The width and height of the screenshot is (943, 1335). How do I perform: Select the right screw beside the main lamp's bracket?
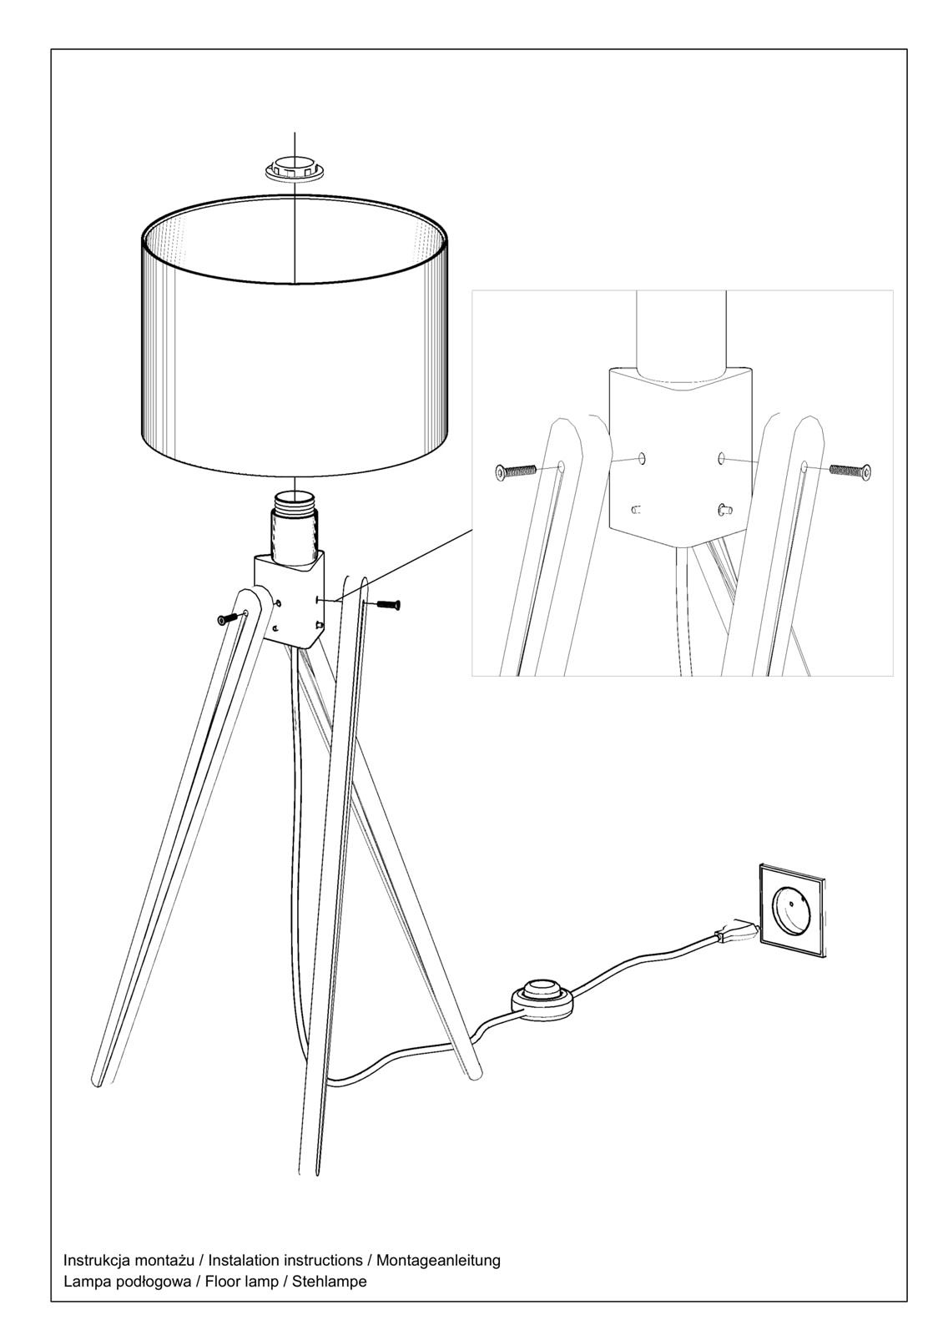pos(388,605)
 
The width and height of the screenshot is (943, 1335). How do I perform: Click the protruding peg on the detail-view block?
pos(726,508)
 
